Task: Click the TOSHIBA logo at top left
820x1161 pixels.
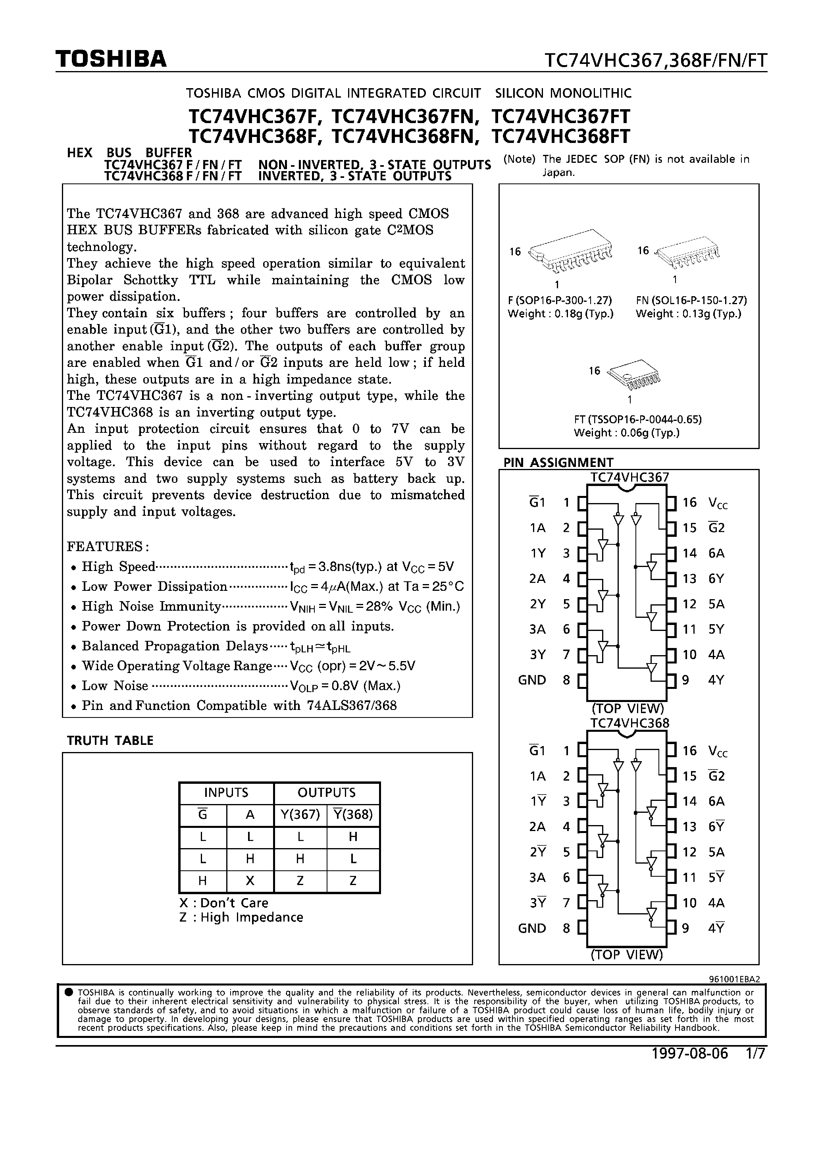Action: click(111, 59)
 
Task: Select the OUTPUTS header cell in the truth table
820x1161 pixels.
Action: click(326, 793)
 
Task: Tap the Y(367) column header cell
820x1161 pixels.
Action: click(300, 815)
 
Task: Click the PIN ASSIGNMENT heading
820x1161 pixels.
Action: click(558, 462)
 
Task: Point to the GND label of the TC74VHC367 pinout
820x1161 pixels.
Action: click(532, 680)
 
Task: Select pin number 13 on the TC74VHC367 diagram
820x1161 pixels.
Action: click(689, 579)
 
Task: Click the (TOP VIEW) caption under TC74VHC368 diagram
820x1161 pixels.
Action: click(627, 955)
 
